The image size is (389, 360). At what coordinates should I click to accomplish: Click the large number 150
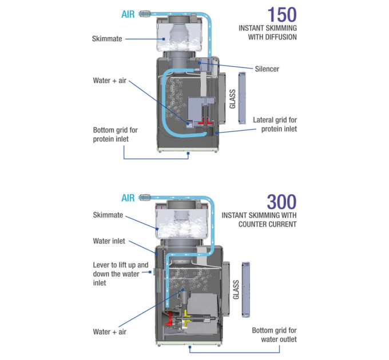pos(282,15)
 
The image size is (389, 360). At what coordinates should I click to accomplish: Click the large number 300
pos(281,202)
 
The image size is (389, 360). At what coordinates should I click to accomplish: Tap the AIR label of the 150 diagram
pos(128,14)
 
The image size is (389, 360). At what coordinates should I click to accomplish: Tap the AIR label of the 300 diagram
pos(128,198)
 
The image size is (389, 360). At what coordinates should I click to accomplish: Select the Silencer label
pos(267,69)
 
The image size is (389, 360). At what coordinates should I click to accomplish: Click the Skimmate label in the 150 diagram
pos(107,39)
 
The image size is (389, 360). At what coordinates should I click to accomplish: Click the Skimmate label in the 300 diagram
pos(108,215)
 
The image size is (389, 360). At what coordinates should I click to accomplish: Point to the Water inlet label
pos(109,241)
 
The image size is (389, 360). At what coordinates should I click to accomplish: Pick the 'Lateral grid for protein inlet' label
pos(275,125)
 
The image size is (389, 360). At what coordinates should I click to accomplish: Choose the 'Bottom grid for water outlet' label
pos(274,335)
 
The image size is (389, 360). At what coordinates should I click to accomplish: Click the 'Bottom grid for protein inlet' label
pos(116,134)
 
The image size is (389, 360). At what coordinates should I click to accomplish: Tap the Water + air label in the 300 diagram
pos(110,332)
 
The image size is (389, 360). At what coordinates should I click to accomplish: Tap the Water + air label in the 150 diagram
pos(110,81)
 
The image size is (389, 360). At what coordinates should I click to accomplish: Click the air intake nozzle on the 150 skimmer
pos(145,14)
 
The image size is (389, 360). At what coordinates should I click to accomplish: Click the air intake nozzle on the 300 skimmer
pos(145,198)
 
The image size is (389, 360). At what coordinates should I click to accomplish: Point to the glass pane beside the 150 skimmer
pos(242,98)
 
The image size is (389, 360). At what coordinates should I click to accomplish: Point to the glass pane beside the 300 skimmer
pos(245,290)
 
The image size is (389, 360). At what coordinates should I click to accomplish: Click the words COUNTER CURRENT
pos(268,225)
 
